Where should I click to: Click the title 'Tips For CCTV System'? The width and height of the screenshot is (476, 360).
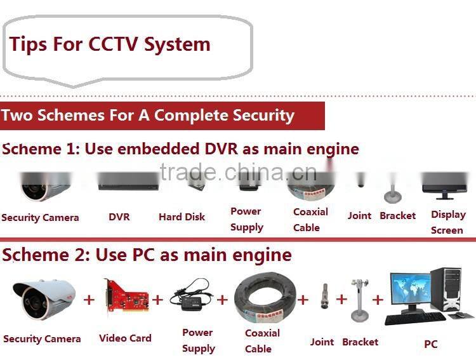point(110,44)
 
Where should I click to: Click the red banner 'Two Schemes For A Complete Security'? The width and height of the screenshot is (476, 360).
point(162,116)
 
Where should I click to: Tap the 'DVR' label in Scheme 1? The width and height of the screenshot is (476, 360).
point(119,217)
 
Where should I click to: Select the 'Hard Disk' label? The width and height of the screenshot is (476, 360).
point(182,217)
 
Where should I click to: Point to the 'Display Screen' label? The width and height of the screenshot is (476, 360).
point(448,222)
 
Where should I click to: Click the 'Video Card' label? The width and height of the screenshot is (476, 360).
point(125,338)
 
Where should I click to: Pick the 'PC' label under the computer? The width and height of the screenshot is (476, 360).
point(431,344)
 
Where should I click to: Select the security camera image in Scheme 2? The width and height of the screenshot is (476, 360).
point(44,299)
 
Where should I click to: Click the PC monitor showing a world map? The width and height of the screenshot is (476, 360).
point(411,290)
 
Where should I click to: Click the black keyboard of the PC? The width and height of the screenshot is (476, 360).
point(415,318)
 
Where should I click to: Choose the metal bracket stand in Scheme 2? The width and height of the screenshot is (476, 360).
point(360,300)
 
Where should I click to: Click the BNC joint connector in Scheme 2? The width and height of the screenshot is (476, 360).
point(324,296)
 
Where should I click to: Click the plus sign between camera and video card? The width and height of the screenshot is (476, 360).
point(89,300)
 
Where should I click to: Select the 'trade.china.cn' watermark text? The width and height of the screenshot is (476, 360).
point(238,172)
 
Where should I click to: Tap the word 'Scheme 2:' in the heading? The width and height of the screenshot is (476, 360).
point(46,255)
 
